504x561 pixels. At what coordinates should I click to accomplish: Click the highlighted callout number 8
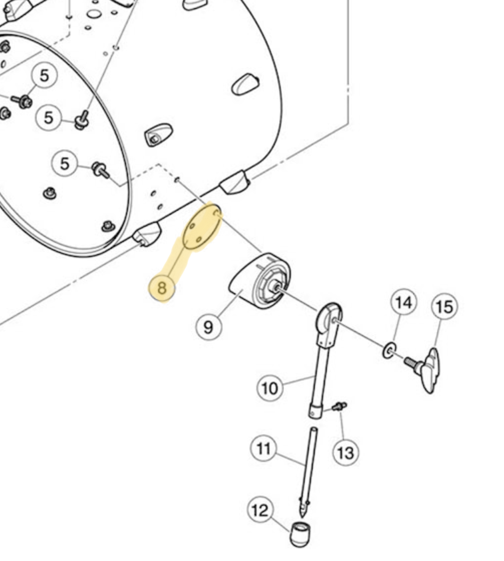[162, 288]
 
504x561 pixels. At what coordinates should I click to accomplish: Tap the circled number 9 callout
[209, 327]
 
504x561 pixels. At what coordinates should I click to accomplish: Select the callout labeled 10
[270, 388]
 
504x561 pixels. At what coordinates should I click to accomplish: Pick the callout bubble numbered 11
[264, 448]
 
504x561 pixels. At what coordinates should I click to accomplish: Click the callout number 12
[260, 509]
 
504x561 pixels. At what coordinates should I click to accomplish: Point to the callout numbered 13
[346, 453]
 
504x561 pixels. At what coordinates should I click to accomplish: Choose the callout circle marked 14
[404, 302]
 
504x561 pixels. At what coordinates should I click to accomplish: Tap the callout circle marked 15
[445, 307]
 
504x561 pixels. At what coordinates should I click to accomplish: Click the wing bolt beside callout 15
[424, 370]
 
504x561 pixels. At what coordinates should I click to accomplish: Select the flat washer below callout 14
[390, 351]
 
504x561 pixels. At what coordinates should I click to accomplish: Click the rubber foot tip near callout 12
[300, 534]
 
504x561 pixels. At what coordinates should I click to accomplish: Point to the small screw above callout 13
[339, 406]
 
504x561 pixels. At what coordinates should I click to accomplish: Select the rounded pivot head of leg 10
[328, 317]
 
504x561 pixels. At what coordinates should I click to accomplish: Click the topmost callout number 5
[44, 76]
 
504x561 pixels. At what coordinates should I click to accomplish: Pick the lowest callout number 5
[64, 164]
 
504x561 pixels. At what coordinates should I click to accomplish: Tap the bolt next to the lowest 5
[101, 170]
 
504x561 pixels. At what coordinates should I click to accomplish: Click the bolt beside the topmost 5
[22, 101]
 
